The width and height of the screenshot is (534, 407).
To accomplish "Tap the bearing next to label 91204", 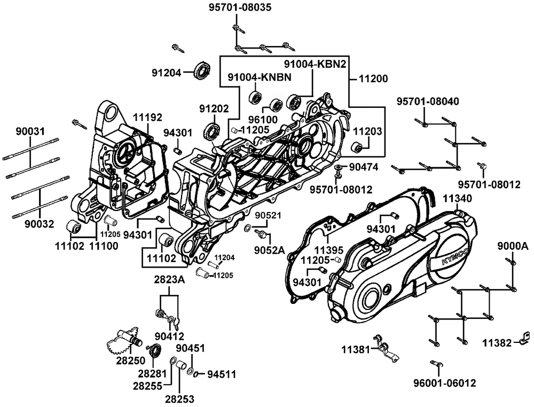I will pos(202,72).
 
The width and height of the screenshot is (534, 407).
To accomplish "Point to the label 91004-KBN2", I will pos(315,64).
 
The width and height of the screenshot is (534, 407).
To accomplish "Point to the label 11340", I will pos(457,199).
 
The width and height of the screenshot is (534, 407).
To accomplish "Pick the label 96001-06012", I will pos(445,382).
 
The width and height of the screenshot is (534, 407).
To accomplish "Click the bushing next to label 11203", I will pos(356,147).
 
